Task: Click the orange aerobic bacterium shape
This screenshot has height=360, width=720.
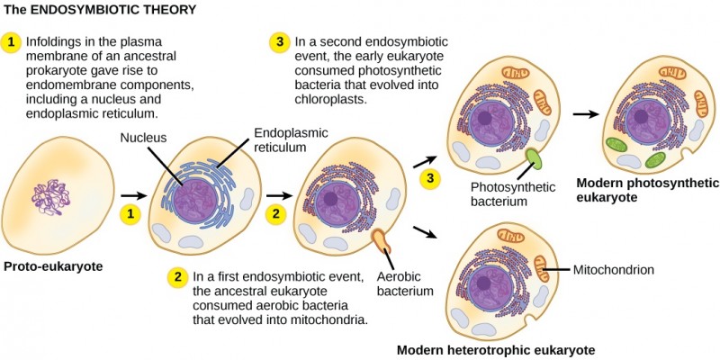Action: [382, 240]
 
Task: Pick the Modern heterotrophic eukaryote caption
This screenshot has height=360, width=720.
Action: [495, 349]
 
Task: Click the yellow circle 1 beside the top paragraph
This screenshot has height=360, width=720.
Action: [11, 42]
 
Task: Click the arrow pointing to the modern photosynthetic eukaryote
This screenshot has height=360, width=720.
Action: [585, 114]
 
